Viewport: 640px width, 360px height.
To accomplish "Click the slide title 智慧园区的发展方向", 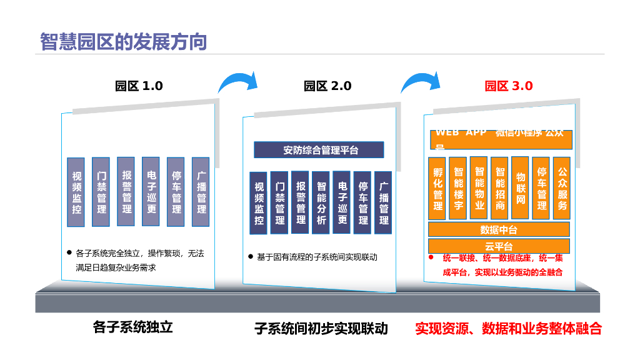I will click(123, 41).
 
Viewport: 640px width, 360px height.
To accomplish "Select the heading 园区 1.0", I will click(139, 86).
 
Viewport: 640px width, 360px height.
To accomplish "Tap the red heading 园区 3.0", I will click(509, 86).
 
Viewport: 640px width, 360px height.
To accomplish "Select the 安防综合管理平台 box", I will click(319, 150).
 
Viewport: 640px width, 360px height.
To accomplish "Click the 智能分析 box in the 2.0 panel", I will click(321, 202).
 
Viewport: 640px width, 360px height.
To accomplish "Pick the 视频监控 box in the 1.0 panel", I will click(76, 192).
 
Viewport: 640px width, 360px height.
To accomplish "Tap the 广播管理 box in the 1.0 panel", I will click(201, 192).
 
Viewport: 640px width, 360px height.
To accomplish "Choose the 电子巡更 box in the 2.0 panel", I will click(342, 202).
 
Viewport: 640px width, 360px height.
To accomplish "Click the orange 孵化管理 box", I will click(437, 188).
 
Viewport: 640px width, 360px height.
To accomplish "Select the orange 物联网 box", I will click(521, 188).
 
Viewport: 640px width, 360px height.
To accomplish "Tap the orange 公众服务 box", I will click(562, 188).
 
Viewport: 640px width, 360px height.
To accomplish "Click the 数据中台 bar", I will click(499, 229).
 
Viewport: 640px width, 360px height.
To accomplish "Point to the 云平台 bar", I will click(499, 246).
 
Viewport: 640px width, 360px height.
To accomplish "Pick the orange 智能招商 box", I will click(500, 188).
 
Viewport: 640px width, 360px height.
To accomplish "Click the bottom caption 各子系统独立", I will click(132, 327).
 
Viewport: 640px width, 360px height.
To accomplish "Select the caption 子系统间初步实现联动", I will click(321, 328).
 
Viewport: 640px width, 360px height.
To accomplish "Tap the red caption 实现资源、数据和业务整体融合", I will click(508, 328).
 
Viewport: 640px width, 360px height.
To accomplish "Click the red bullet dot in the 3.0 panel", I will click(431, 257).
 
